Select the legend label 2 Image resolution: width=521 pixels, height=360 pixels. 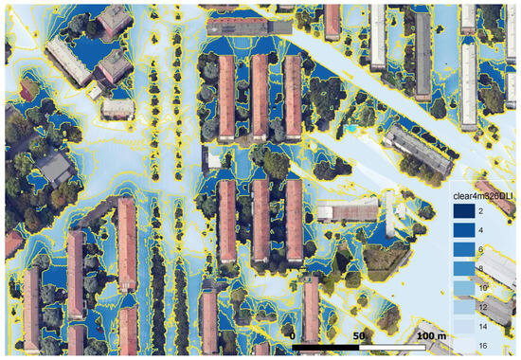click(x=481, y=211)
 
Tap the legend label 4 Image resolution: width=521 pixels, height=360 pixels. click(x=481, y=230)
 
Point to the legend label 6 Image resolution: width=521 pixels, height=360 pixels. click(x=481, y=249)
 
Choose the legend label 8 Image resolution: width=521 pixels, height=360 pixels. click(x=481, y=268)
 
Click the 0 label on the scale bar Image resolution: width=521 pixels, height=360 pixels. click(x=293, y=336)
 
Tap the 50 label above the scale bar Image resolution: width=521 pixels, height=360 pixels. click(x=358, y=336)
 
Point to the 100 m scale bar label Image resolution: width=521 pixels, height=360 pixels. click(x=430, y=336)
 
